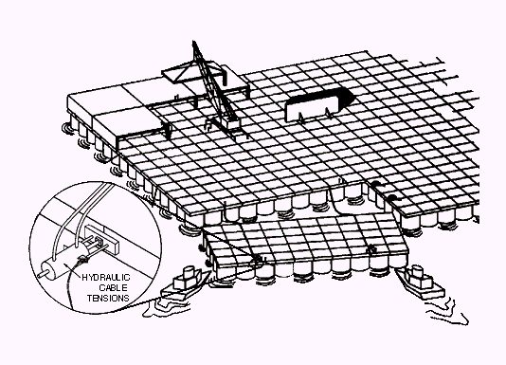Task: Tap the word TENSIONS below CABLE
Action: (108, 298)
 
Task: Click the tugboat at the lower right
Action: (420, 282)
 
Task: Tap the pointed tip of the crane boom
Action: (193, 42)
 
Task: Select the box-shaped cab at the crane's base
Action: (232, 123)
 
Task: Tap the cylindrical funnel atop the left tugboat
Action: (188, 272)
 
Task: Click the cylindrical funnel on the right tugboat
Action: (417, 271)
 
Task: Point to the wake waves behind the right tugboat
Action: (447, 312)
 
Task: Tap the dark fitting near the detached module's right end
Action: (372, 249)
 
